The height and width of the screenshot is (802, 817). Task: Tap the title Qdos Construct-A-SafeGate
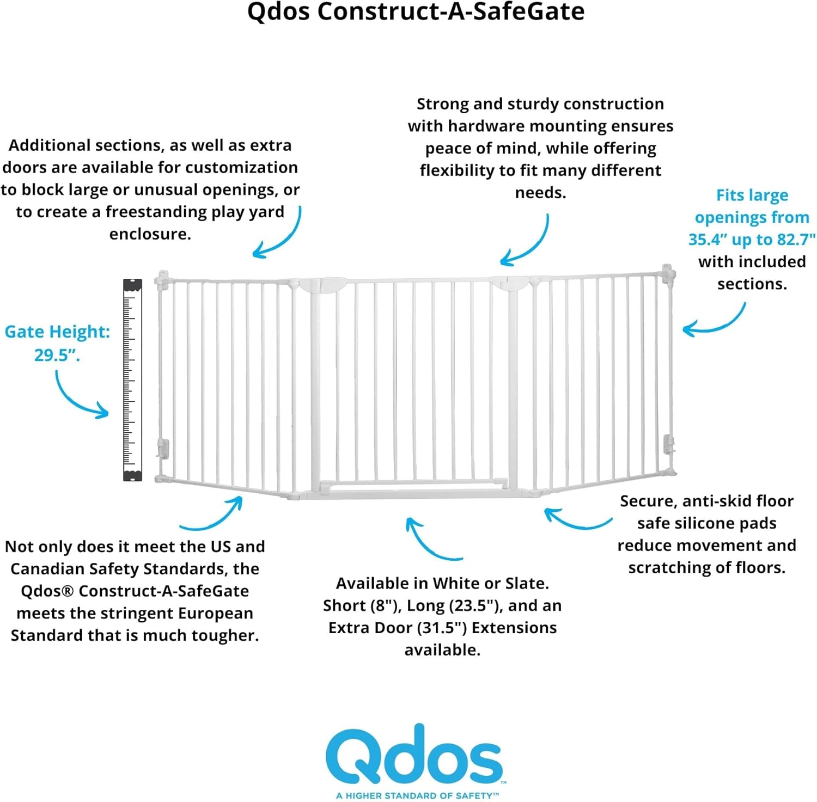[x=416, y=12]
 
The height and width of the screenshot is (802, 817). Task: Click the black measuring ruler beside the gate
[x=132, y=379]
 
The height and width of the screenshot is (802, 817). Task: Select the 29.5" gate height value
[x=57, y=355]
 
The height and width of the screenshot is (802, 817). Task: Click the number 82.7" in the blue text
[x=796, y=240]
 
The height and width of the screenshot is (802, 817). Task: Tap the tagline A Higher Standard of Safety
[x=417, y=795]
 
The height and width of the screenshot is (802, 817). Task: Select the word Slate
[x=525, y=584]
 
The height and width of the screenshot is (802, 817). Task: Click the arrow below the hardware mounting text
[x=526, y=242]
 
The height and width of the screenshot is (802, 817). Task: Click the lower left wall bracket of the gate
[x=162, y=449]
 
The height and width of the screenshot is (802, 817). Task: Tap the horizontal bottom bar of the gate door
[x=414, y=483]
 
